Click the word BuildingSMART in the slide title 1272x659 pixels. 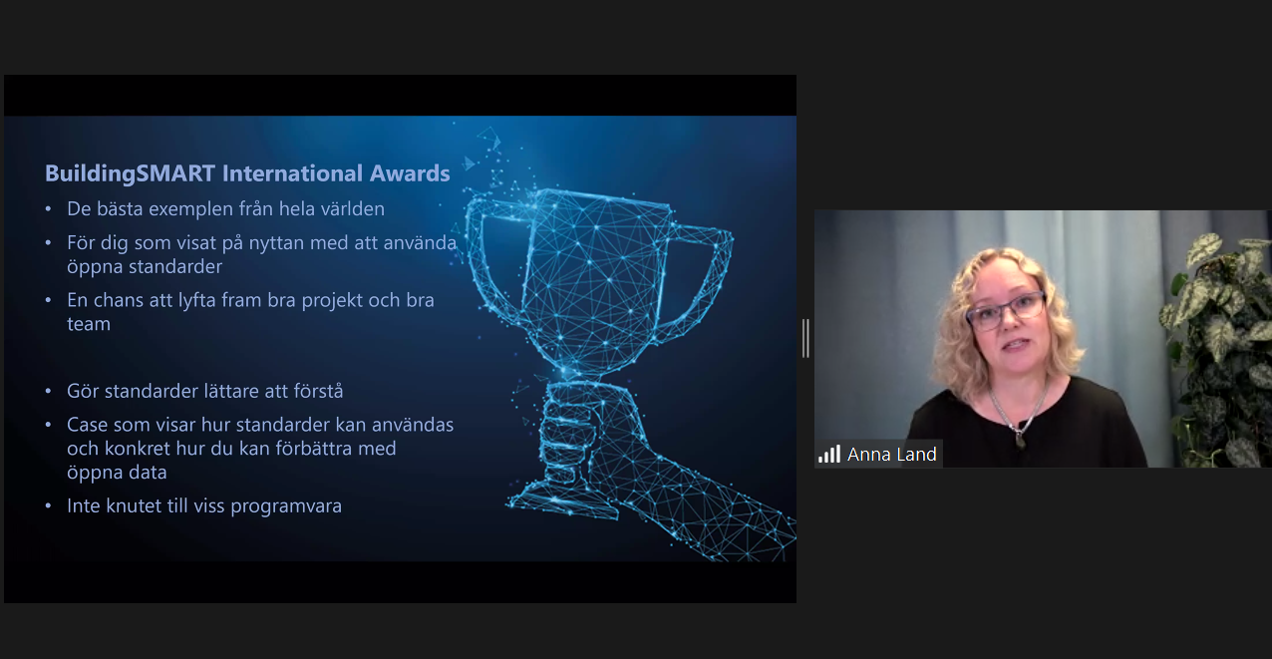[130, 173]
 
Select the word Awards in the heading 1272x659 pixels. [410, 173]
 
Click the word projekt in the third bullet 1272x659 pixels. [332, 300]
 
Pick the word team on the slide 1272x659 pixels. [89, 324]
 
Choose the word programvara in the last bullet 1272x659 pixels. [286, 506]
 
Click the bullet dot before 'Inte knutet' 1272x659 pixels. [48, 505]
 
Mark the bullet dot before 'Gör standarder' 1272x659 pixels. [48, 391]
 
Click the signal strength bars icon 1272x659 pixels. [829, 454]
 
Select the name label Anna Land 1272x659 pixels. [891, 454]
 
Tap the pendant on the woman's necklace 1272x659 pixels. [1021, 439]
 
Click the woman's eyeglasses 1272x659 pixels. [1006, 310]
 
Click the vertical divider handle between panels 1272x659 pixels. [805, 338]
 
